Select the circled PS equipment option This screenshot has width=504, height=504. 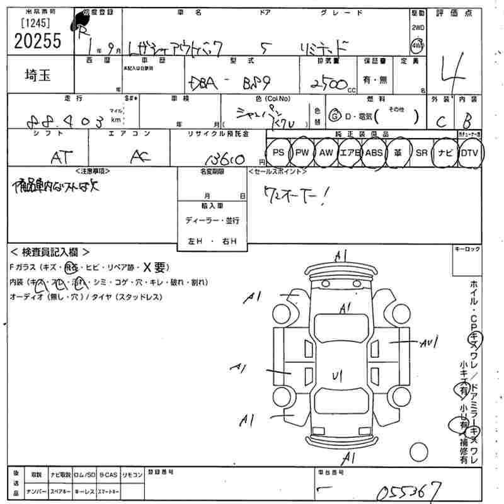278,152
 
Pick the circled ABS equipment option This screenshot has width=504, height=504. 374,152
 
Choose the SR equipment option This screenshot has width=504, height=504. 421,152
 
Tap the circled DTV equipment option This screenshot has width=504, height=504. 469,152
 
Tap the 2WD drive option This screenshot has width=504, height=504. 418,28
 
